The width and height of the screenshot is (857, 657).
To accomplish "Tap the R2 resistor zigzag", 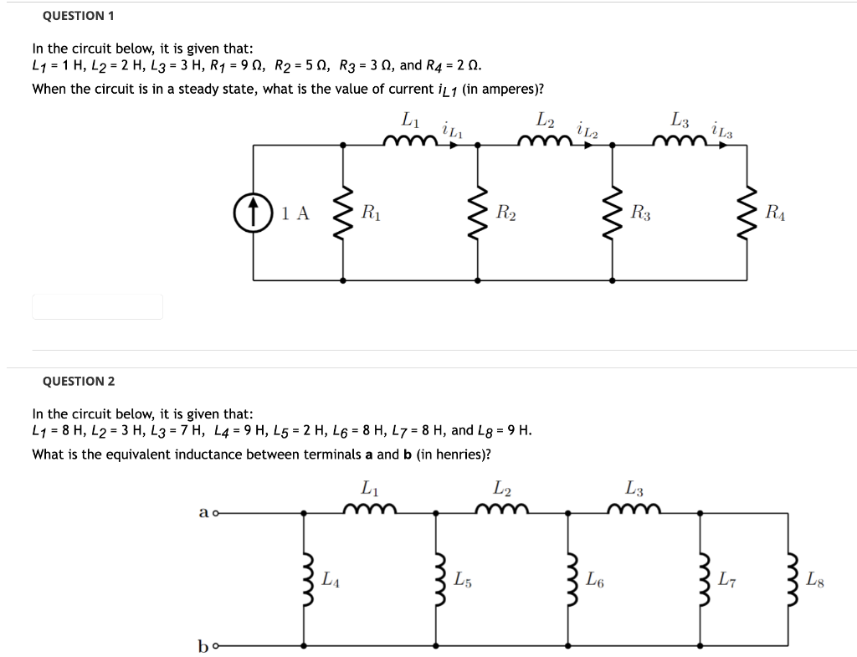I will click(x=478, y=212).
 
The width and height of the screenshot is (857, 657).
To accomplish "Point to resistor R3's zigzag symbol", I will click(x=612, y=212).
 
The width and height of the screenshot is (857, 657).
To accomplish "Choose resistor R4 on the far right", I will click(x=746, y=212).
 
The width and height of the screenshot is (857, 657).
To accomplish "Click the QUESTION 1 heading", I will click(x=78, y=16).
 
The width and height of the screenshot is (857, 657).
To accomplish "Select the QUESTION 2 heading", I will click(x=79, y=382).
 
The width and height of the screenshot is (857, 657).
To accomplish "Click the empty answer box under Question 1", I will click(x=97, y=306).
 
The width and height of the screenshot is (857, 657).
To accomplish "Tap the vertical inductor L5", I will click(x=436, y=578).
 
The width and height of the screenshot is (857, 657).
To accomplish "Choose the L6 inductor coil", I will click(x=570, y=578).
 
